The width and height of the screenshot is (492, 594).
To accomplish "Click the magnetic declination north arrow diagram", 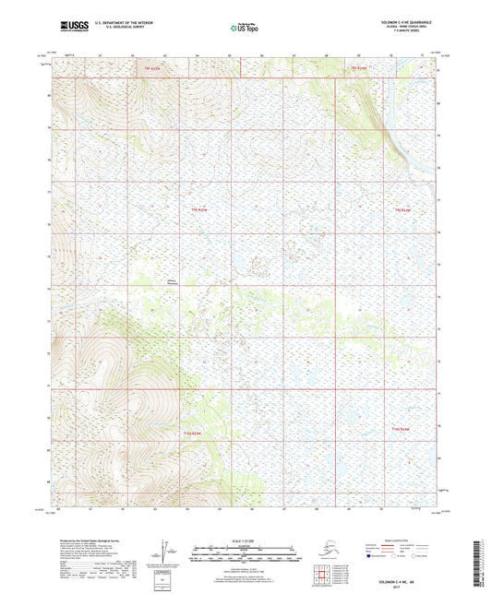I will tap(167, 554).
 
